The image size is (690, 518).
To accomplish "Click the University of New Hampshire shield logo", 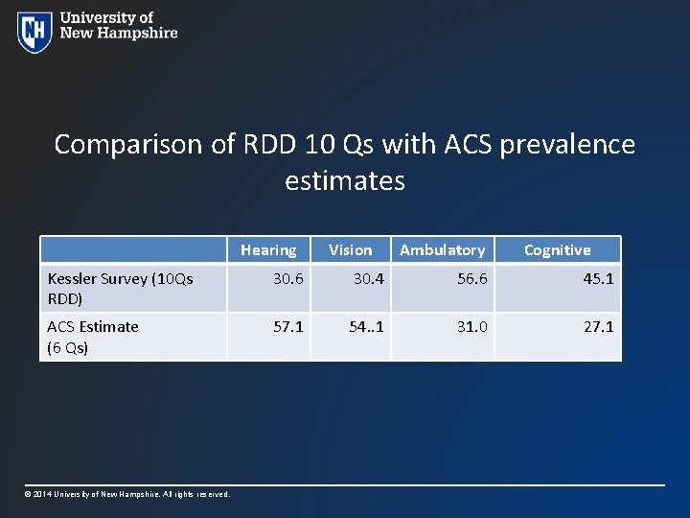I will point(34,32).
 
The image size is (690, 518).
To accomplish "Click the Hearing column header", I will point(268,250).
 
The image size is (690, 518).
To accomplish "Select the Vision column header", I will point(350,250).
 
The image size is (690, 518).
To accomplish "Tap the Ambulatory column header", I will point(442,250).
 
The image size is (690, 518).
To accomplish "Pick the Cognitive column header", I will point(557,250).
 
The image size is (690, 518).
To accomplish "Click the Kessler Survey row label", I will point(120,288).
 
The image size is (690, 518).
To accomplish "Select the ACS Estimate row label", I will point(93,337).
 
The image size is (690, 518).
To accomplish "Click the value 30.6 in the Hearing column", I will point(287,278).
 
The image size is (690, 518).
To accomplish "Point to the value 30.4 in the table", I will point(368,278).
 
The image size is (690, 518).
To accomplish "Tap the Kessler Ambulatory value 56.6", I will point(471,278).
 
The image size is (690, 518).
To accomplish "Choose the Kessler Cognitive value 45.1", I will point(598,278).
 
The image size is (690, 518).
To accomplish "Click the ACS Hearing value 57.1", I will point(287,327).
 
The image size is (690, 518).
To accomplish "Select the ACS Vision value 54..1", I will point(366,327).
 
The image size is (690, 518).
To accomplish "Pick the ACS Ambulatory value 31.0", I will point(471,327).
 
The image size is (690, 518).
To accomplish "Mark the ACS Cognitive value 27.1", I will point(598,327).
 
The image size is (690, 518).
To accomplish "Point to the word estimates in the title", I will point(345,180).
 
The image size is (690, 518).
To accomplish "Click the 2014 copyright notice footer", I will point(127,494).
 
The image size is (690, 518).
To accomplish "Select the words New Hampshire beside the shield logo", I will point(119,33).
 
